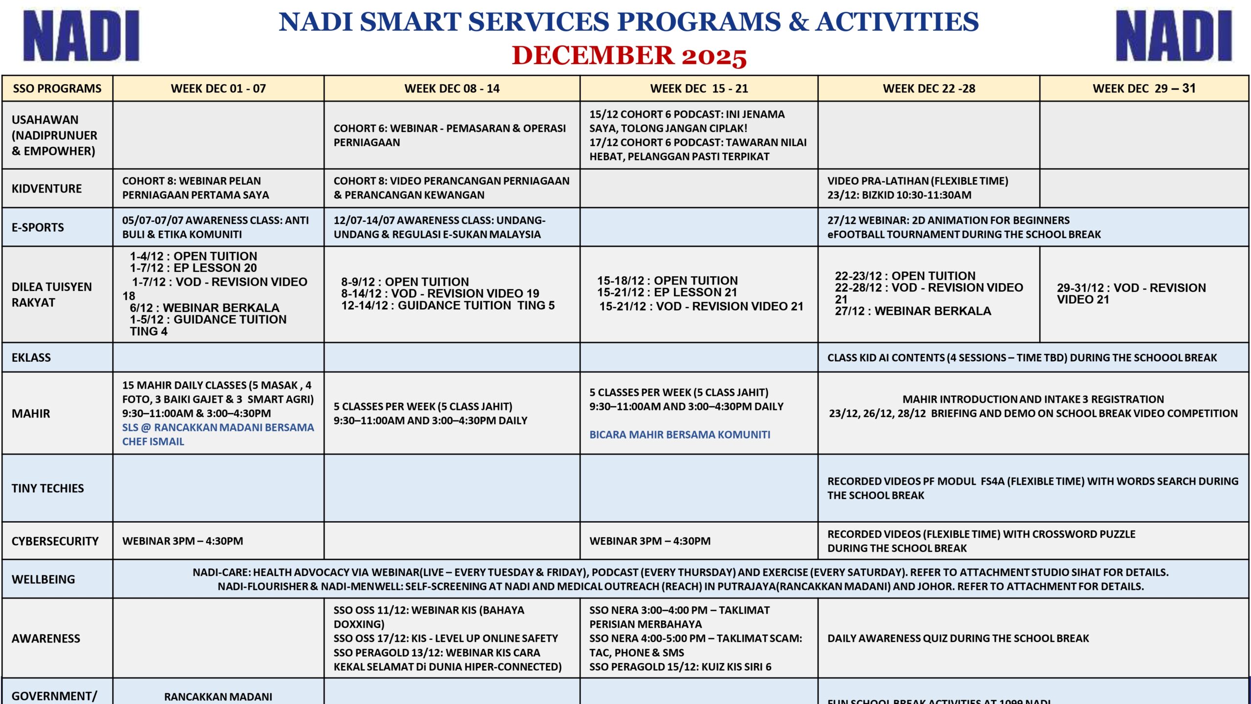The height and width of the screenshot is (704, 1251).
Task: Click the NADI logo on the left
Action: [x=81, y=36]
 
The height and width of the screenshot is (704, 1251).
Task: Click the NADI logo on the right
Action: [x=1173, y=36]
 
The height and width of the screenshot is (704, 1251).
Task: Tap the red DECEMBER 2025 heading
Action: [x=629, y=56]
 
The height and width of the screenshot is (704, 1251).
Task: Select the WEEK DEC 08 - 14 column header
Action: [x=452, y=88]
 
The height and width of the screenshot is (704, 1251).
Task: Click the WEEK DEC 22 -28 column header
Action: [x=928, y=88]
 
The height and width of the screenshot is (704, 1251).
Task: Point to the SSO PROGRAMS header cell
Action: [x=57, y=88]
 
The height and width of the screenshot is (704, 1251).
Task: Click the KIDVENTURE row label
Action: [x=47, y=188]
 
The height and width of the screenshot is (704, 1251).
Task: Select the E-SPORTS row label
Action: [x=38, y=227]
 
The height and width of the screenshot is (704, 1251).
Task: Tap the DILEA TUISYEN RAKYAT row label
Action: [x=52, y=294]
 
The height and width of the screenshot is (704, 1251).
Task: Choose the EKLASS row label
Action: [x=31, y=357]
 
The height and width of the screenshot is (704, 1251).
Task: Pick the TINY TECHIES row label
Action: [x=48, y=488]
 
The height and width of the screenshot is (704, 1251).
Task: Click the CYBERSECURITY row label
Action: [x=55, y=541]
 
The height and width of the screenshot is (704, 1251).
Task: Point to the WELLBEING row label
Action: [x=43, y=579]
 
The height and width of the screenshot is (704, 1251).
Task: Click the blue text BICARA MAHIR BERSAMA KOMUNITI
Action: [x=679, y=435]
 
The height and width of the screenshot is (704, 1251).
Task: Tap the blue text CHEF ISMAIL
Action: [x=153, y=441]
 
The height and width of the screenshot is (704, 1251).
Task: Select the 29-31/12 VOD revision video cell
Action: [x=1131, y=293]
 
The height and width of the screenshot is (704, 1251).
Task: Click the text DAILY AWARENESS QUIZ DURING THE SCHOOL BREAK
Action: [x=958, y=638]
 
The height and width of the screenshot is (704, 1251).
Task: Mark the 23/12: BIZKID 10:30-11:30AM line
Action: [x=899, y=195]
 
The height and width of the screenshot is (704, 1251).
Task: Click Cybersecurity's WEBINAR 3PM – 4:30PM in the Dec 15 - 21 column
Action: [x=650, y=541]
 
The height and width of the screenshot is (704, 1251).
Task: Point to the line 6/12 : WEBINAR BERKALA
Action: [x=205, y=308]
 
